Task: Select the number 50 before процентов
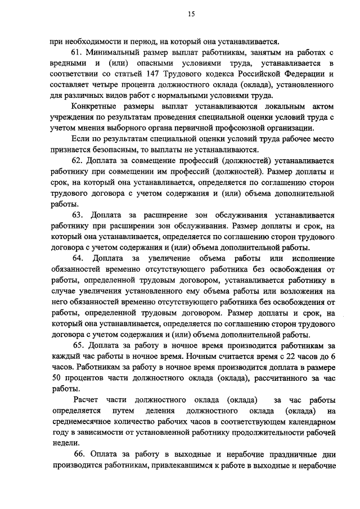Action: click(55, 378)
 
